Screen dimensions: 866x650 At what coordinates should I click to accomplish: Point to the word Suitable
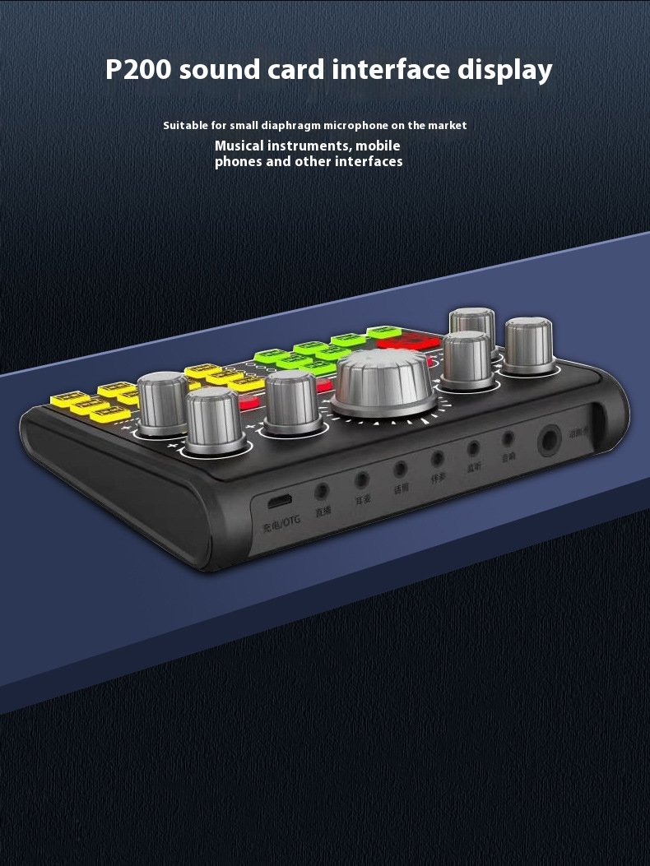pyautogui.click(x=187, y=126)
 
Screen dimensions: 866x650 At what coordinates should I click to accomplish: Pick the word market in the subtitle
pyautogui.click(x=447, y=126)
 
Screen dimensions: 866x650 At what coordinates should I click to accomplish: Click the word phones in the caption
pyautogui.click(x=239, y=161)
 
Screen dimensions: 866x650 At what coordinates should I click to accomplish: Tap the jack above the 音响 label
pyautogui.click(x=508, y=438)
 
